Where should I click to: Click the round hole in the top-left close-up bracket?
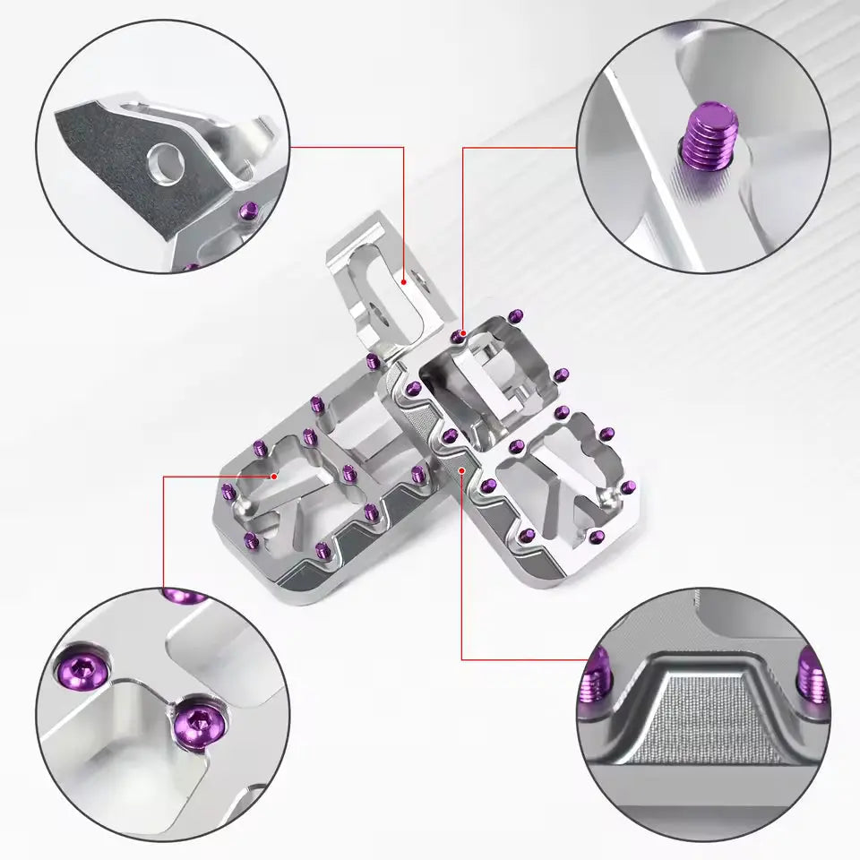pos(168,160)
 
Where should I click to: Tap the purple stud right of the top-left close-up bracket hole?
pos(251,211)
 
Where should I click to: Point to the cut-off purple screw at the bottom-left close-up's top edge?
pos(183,595)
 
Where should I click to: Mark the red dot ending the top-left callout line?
pos(405,281)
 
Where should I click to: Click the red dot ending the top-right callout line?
pos(460,334)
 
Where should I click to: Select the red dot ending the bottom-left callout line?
pos(273,477)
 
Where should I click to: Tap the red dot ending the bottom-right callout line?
pos(461,469)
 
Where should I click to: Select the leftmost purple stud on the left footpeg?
pos(227,490)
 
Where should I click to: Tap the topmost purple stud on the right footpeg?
pos(516,314)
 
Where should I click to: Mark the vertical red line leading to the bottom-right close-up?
pos(461,573)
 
